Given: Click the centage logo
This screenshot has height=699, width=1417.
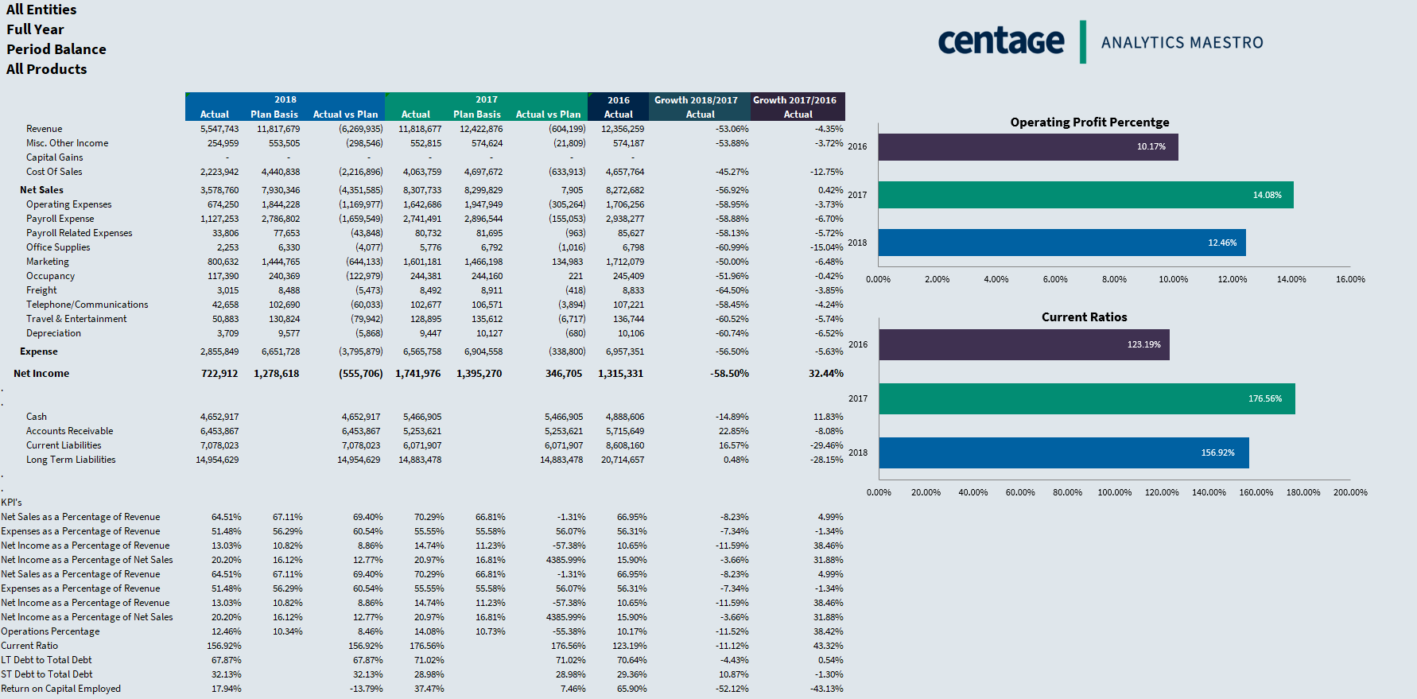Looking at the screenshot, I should (1000, 41).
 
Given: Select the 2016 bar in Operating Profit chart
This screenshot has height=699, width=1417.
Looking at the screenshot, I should (1027, 147).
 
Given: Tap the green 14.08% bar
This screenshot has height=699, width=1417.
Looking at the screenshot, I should (1085, 195).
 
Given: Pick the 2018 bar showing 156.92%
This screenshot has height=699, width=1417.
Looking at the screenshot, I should (1063, 452).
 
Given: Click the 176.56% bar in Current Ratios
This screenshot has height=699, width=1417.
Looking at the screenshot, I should (1086, 398).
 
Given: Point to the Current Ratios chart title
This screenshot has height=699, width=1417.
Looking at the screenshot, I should (1084, 317).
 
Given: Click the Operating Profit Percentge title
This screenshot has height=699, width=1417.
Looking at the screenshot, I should (1089, 122).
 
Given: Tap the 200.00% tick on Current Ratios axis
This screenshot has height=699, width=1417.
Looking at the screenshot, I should (1350, 492).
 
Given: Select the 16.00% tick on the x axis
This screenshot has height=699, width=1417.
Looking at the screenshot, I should (1350, 279).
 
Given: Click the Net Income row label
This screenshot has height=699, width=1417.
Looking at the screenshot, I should (41, 374).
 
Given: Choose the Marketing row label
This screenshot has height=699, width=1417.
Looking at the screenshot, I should (48, 262).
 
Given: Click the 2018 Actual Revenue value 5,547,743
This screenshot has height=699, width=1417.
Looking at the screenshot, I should (219, 129).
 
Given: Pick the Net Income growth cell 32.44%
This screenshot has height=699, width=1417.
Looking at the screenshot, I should (825, 374).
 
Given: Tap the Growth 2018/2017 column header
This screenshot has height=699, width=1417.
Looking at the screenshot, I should (696, 100).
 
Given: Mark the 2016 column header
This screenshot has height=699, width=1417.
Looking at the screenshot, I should (618, 100).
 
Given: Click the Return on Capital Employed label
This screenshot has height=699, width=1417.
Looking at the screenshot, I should (61, 689).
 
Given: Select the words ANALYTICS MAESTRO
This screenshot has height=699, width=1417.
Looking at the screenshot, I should (1182, 43).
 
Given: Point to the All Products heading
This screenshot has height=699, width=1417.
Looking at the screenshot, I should (47, 69).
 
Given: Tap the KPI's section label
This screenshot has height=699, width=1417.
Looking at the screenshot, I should (12, 503).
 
